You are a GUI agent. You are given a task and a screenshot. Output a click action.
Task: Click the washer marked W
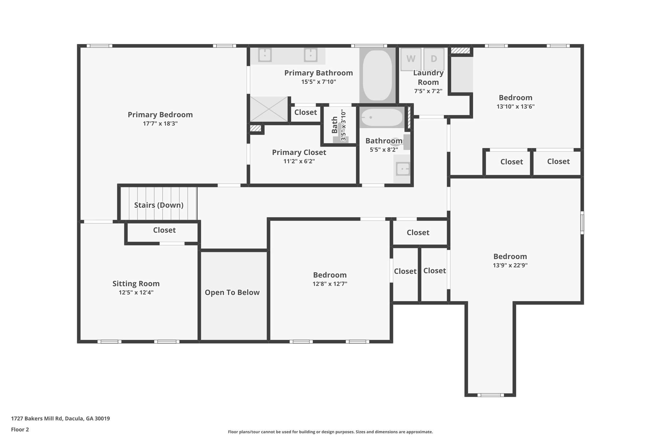coord(411,59)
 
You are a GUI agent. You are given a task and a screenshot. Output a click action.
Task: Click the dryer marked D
coord(434,59)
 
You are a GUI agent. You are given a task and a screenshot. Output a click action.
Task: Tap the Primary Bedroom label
coord(160,115)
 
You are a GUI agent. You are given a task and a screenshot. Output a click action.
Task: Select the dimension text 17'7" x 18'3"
coord(160,123)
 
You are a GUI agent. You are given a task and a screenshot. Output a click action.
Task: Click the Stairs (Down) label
coord(158,205)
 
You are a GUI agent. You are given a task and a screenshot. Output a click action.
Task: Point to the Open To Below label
coord(232,292)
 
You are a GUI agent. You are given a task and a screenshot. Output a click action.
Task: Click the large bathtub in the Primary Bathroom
coord(377,75)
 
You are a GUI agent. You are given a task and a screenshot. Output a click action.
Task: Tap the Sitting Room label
coord(136,284)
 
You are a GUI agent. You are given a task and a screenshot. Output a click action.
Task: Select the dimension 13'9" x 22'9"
coord(510,265)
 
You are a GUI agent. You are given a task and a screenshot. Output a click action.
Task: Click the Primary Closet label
coord(299,152)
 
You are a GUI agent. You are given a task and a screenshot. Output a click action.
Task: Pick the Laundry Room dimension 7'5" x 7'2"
coord(428,91)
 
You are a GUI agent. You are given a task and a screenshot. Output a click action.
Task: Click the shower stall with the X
coord(269,109)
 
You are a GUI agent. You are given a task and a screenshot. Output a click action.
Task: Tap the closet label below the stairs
coord(164,230)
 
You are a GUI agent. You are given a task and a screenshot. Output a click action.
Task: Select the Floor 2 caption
coord(20,429)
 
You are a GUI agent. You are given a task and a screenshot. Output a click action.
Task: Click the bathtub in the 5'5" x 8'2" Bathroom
coord(381,118)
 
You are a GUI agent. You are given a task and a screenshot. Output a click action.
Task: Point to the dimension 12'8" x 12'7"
coord(330,284)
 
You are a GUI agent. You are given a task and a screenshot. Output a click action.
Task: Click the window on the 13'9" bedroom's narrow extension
coord(490,395)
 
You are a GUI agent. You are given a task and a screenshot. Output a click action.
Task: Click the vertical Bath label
coord(335,125)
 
